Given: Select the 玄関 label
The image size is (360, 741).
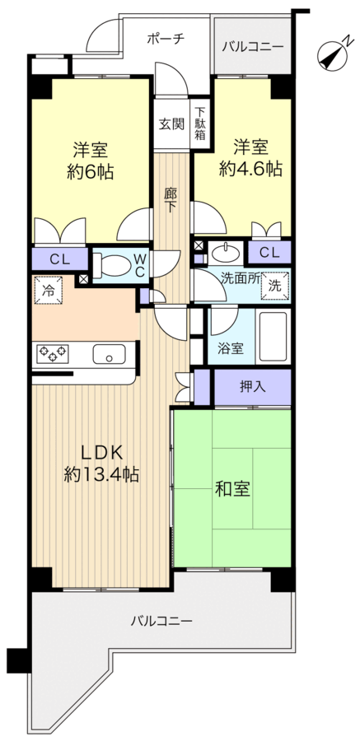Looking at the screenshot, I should (x=171, y=124).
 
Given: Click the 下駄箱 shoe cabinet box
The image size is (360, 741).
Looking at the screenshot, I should (x=200, y=123).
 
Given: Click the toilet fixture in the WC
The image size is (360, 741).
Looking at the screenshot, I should (x=112, y=264).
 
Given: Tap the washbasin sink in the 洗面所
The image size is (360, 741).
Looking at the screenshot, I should (x=223, y=251).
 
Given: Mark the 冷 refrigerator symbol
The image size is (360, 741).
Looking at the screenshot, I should (x=48, y=291).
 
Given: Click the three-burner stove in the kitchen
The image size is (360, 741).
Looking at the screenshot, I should (x=52, y=355).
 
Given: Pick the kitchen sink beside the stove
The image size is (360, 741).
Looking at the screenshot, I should (x=108, y=355).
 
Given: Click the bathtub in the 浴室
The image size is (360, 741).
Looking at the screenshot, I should (x=272, y=338).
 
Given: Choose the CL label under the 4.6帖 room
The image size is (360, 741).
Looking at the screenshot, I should (x=269, y=252).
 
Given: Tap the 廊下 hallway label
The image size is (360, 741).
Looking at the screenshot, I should (x=171, y=200).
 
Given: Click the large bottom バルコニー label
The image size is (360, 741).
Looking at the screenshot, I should (x=161, y=620).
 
